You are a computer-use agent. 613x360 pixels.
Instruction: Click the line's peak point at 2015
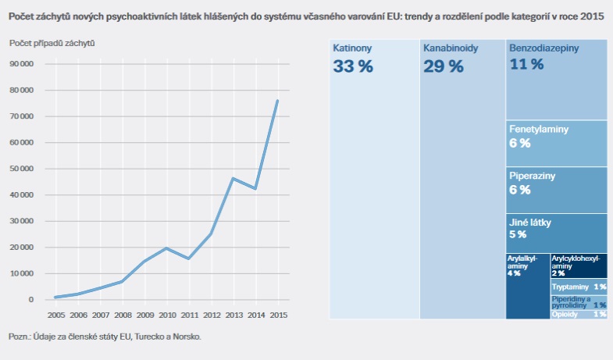(277, 101)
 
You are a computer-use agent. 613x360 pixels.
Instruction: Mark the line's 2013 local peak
(232, 179)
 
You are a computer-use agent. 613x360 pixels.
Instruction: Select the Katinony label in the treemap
(352, 48)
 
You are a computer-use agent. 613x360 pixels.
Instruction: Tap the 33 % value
(353, 66)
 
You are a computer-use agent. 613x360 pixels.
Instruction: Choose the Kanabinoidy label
(450, 48)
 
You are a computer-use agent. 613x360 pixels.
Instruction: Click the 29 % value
(444, 66)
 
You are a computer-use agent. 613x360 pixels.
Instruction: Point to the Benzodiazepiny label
(544, 48)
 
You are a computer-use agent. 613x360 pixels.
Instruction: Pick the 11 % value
(526, 65)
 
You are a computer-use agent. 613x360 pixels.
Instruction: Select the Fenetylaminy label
(539, 129)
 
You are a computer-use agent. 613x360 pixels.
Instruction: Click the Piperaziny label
(532, 176)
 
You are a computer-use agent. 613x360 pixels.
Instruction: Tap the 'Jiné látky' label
(531, 223)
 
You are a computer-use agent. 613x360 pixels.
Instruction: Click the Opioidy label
(565, 314)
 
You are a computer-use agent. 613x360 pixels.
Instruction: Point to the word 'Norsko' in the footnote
(184, 337)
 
